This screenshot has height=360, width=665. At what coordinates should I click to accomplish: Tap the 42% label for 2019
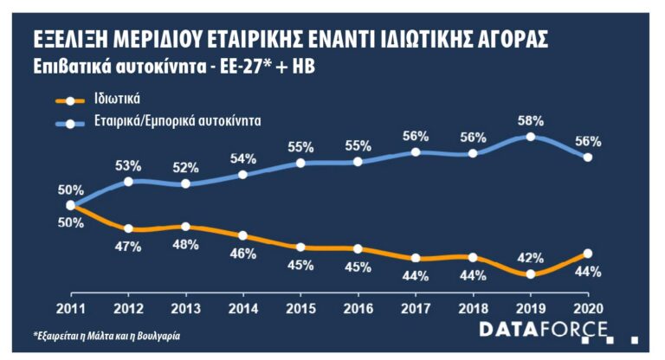pyautogui.click(x=532, y=257)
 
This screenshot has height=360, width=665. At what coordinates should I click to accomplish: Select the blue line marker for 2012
pyautogui.click(x=128, y=181)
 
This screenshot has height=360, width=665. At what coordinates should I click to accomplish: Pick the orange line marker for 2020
pyautogui.click(x=588, y=254)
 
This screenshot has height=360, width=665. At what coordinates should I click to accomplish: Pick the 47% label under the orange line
pyautogui.click(x=128, y=247)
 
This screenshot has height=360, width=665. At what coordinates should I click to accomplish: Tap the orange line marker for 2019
pyautogui.click(x=531, y=273)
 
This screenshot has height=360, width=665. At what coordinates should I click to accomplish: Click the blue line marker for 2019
pyautogui.click(x=531, y=137)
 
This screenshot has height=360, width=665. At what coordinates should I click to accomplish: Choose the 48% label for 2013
pyautogui.click(x=185, y=244)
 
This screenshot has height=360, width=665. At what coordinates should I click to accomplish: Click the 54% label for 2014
pyautogui.click(x=242, y=158)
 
